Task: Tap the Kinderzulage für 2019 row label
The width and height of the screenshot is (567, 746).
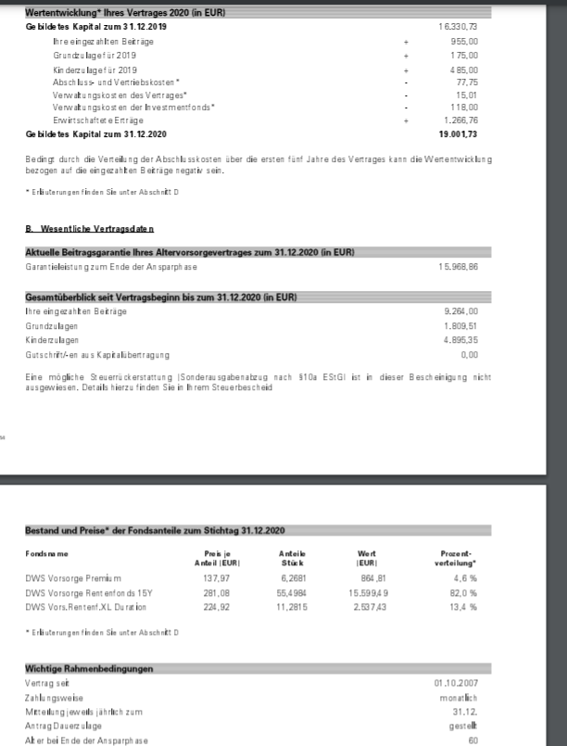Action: [95, 70]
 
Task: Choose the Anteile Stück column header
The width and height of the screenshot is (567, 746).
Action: [293, 557]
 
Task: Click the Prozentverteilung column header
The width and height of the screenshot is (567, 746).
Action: [448, 557]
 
